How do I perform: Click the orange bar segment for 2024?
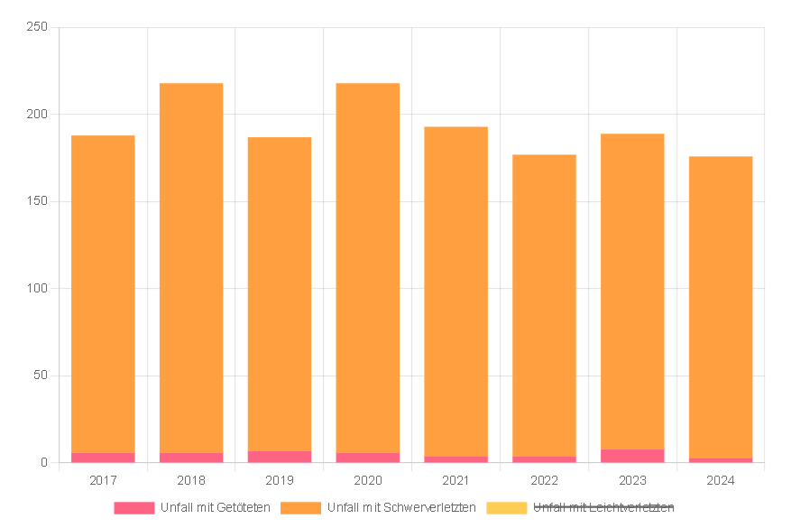(x=721, y=307)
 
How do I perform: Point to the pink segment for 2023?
(x=632, y=456)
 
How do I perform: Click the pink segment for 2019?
(x=280, y=457)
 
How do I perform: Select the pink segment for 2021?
(x=456, y=459)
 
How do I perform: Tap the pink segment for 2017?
(x=103, y=458)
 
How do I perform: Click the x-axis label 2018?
(x=191, y=480)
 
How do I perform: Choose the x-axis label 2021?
(x=456, y=480)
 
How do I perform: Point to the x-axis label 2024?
(x=721, y=480)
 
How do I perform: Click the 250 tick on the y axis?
(x=37, y=27)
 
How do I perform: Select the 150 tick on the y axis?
(x=37, y=201)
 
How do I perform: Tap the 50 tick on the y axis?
(x=40, y=375)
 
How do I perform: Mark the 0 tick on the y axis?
(x=43, y=463)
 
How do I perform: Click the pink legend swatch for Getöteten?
(x=133, y=508)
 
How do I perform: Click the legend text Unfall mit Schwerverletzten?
(x=401, y=508)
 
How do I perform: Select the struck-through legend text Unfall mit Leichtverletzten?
(x=603, y=508)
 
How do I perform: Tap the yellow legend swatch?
(x=506, y=508)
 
